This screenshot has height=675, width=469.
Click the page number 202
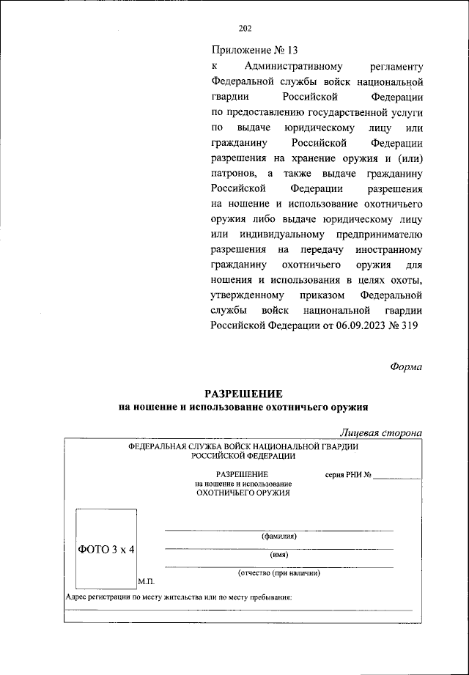[245, 29]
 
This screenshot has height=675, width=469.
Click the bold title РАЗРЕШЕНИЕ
[243, 393]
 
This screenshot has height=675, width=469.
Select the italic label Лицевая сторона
[381, 432]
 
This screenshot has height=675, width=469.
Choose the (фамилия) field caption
[278, 536]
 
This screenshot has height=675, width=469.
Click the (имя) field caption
[278, 555]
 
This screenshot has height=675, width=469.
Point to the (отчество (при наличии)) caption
[278, 572]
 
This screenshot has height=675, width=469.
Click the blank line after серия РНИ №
[397, 476]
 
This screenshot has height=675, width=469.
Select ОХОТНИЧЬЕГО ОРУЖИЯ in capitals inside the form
[243, 493]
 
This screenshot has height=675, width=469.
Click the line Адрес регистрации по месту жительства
[179, 597]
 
